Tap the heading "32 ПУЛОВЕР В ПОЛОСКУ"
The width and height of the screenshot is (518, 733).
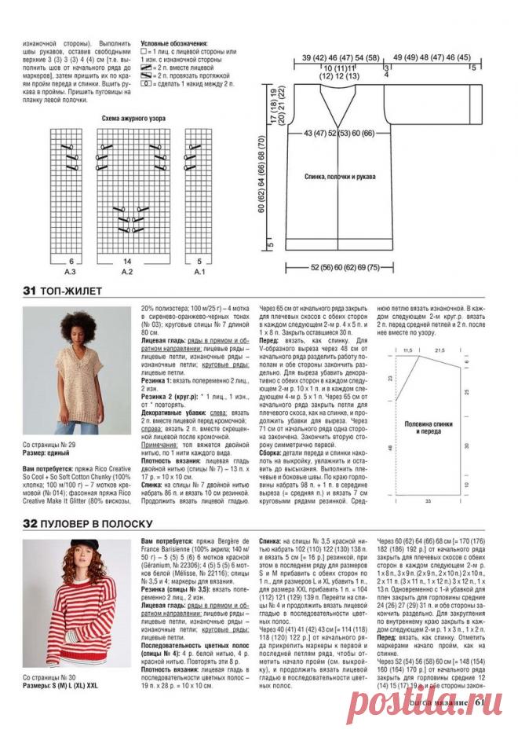click(x=87, y=523)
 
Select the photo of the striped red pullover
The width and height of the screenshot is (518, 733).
click(x=77, y=603)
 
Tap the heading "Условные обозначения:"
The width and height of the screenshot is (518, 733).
click(x=174, y=44)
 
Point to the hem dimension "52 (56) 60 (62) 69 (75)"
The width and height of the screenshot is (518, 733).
click(x=368, y=267)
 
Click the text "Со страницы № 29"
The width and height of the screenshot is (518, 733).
click(x=50, y=445)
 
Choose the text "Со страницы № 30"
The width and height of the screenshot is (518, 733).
click(x=50, y=676)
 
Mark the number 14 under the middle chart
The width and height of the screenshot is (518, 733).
click(x=127, y=260)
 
